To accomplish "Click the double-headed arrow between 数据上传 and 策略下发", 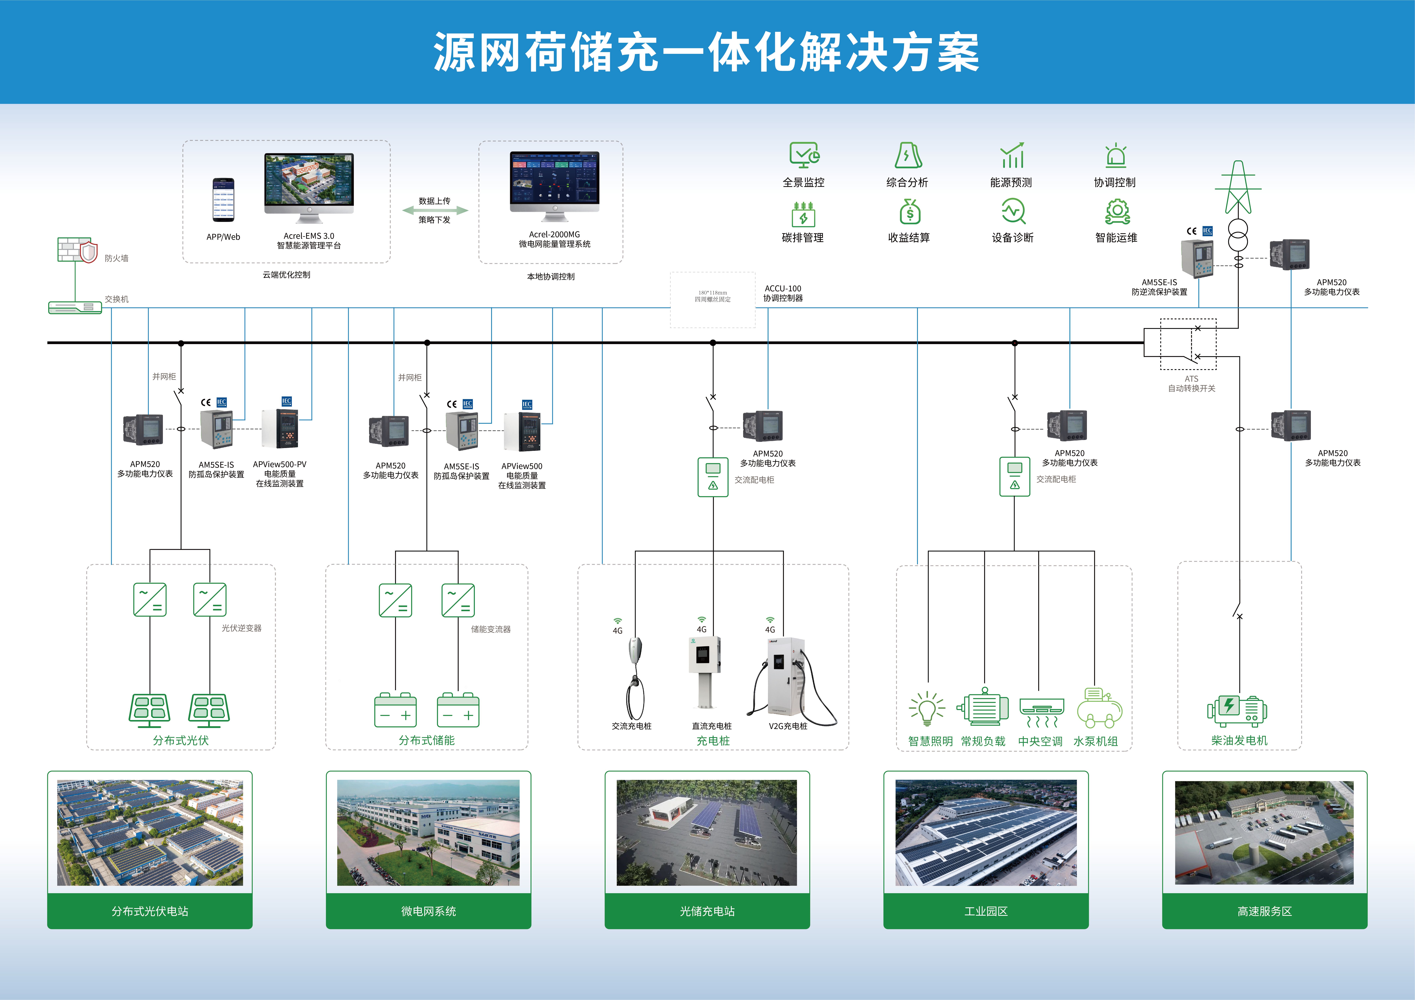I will (x=435, y=210).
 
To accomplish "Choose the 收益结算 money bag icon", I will (x=910, y=211).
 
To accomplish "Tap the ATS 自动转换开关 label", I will (x=1191, y=384).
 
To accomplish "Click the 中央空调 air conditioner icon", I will (x=1041, y=712).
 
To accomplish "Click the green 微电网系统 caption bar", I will (x=428, y=911).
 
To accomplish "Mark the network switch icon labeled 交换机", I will (x=75, y=307).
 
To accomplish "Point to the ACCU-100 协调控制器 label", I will (x=783, y=293).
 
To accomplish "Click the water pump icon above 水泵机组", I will (x=1099, y=709).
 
